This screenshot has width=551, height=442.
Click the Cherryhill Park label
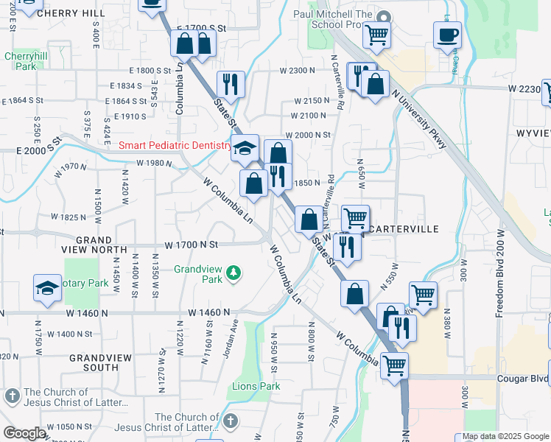[20, 61]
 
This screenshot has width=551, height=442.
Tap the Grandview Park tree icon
[234, 274]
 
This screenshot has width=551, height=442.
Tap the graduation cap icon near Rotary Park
[47, 288]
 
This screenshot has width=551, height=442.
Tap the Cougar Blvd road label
[524, 379]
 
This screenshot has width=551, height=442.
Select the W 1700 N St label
[192, 244]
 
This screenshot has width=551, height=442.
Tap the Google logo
[24, 433]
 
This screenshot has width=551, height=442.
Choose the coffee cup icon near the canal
[447, 35]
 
